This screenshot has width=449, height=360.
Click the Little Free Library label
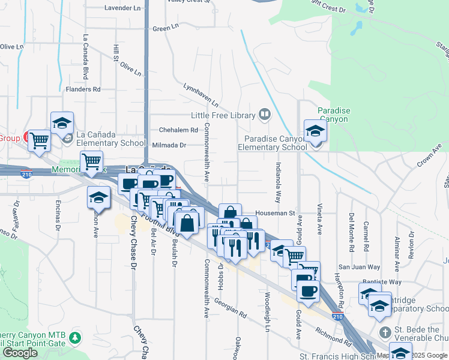pyautogui.click(x=222, y=115)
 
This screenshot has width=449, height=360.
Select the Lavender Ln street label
pyautogui.click(x=122, y=8)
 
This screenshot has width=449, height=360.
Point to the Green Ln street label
pyautogui.click(x=166, y=28)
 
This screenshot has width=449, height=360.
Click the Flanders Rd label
pyautogui.click(x=83, y=89)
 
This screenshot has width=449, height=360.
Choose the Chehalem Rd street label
pyautogui.click(x=178, y=130)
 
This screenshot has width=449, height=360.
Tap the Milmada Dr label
pyautogui.click(x=169, y=145)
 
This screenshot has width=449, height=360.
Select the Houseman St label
pyautogui.click(x=274, y=212)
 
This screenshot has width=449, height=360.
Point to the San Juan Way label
pyautogui.click(x=359, y=267)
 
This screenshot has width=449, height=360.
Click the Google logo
pyautogui.click(x=20, y=353)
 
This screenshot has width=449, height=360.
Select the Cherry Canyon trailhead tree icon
pyautogui.click(x=75, y=338)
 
